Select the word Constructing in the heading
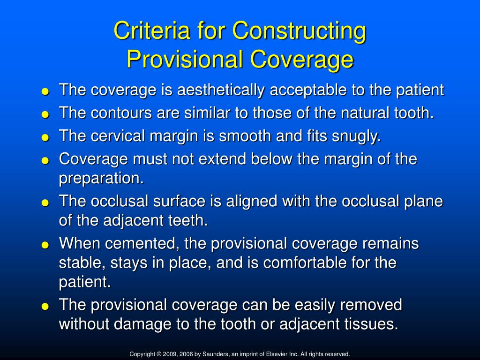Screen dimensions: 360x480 point(300,31)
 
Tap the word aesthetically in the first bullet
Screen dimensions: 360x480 point(223,90)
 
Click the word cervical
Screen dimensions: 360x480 point(119,136)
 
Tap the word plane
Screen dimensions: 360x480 point(425,202)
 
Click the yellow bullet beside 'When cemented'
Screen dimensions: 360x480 point(45,245)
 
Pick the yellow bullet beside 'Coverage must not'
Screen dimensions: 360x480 point(45,160)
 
